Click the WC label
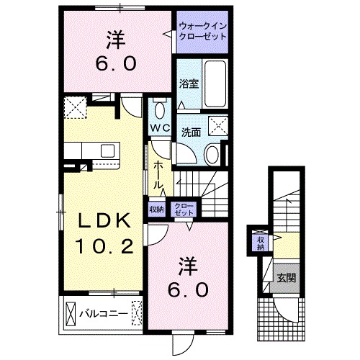click(159, 128)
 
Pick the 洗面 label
click(190, 132)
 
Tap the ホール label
click(159, 176)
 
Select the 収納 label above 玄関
click(260, 243)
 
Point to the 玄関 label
click(286, 277)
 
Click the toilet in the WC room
click(159, 111)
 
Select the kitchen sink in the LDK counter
click(109, 150)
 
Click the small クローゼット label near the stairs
click(184, 209)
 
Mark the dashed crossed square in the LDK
click(75, 107)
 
